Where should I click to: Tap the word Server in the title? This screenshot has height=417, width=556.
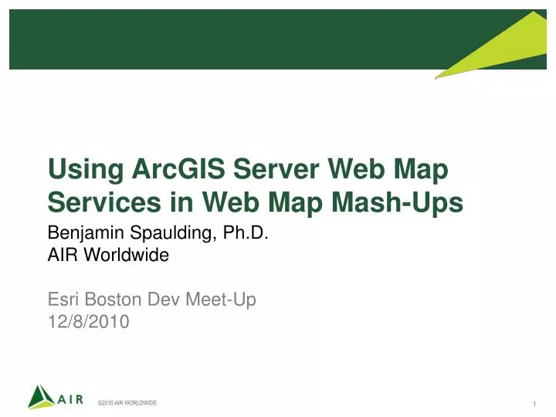pyautogui.click(x=269, y=170)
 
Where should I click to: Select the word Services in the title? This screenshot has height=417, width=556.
pyautogui.click(x=97, y=202)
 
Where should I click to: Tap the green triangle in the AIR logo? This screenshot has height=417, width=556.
pyautogui.click(x=40, y=396)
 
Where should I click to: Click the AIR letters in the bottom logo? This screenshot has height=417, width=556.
pyautogui.click(x=70, y=399)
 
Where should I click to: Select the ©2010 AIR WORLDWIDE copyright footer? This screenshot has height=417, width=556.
pyautogui.click(x=127, y=403)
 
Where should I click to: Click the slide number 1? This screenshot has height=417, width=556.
pyautogui.click(x=534, y=405)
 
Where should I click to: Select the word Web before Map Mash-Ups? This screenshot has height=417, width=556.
pyautogui.click(x=231, y=202)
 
